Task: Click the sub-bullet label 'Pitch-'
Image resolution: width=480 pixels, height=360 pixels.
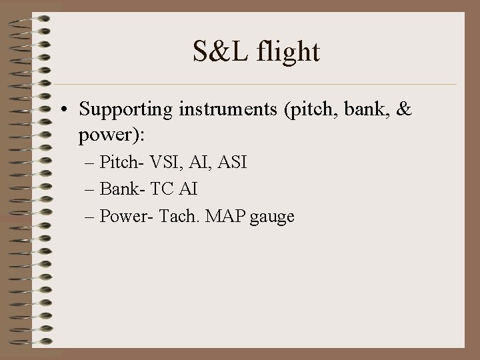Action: (x=121, y=163)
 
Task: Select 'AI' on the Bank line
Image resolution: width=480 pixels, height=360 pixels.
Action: (x=188, y=189)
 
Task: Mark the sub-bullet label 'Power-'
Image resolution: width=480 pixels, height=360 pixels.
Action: (x=124, y=216)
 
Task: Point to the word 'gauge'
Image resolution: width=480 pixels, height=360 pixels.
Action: (x=273, y=217)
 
